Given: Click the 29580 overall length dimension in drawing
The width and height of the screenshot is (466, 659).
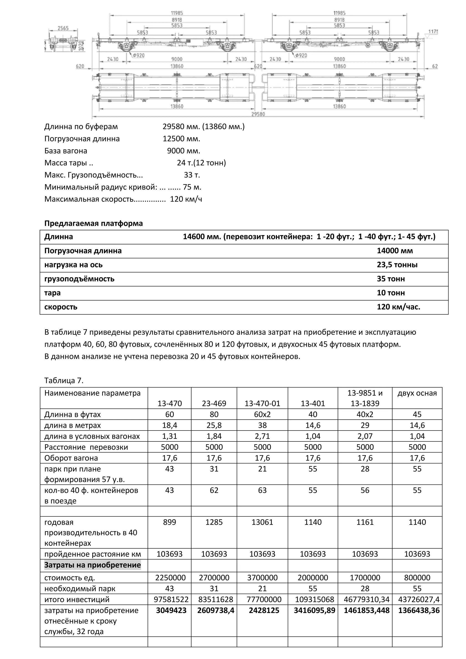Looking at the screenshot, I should tap(258, 114).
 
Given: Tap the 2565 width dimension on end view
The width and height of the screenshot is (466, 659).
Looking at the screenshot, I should tap(63, 28).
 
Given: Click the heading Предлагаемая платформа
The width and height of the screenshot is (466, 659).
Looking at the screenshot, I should tap(94, 223).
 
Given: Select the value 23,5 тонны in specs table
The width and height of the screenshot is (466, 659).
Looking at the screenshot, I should tap(397, 265).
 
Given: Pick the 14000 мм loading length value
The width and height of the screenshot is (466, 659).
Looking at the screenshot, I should tap(395, 251).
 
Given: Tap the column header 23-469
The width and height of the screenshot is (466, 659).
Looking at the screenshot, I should tap(214, 403).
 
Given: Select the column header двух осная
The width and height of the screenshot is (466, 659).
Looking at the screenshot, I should tap(417, 393).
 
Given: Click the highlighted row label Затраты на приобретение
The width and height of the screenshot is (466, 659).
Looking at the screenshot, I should tap(92, 565).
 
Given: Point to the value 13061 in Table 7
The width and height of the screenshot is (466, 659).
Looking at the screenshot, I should tap(262, 522).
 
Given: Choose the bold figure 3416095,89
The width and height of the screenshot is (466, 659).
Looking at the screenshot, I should tap(314, 611).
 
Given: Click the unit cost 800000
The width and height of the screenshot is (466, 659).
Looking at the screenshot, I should tap(417, 578).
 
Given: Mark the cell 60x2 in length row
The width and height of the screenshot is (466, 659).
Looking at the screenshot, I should tap(262, 414).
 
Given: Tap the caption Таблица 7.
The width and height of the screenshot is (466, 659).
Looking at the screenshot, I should tap(64, 381).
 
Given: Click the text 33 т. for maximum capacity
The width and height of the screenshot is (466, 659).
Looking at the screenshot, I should tap(192, 175).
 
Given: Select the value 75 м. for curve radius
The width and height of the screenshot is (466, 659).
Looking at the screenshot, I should tap(192, 187).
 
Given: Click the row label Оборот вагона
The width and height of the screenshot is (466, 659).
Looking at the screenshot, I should tap(71, 458).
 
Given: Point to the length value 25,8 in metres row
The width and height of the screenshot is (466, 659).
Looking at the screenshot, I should tap(214, 425).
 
